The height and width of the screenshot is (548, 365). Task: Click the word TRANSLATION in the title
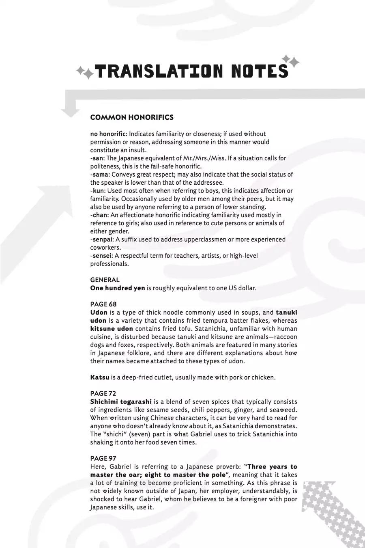point(159,71)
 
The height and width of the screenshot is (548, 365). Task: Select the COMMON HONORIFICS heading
point(132,117)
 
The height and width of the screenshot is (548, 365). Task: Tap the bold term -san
point(97,158)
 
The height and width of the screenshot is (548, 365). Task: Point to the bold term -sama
point(100,175)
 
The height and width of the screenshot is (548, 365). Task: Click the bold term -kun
point(98,191)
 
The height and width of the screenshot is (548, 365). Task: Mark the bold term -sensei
point(101,256)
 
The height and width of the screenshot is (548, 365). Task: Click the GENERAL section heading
point(105,280)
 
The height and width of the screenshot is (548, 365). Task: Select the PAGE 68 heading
point(103,304)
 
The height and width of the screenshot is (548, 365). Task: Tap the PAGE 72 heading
point(103,393)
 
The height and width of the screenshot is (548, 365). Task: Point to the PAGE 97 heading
point(103,458)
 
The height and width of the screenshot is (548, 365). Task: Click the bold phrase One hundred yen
point(117,288)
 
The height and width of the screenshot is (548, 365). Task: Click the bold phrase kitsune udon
point(112,329)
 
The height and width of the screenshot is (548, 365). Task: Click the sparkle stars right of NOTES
point(290,61)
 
